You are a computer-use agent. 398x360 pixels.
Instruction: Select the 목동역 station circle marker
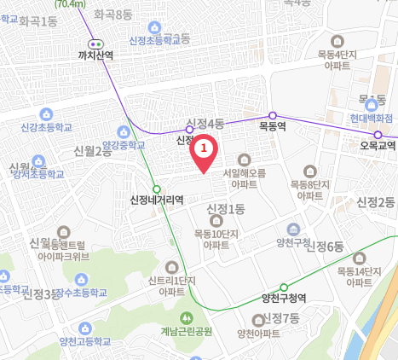click(273, 115)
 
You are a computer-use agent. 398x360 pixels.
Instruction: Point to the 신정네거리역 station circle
click(156, 189)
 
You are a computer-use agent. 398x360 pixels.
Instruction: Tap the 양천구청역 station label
click(285, 299)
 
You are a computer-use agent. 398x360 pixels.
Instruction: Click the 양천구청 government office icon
click(292, 229)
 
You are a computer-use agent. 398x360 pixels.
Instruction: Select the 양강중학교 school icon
click(124, 131)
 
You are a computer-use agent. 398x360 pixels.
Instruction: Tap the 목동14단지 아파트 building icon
click(362, 258)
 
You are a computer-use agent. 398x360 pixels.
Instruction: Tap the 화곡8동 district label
click(113, 15)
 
